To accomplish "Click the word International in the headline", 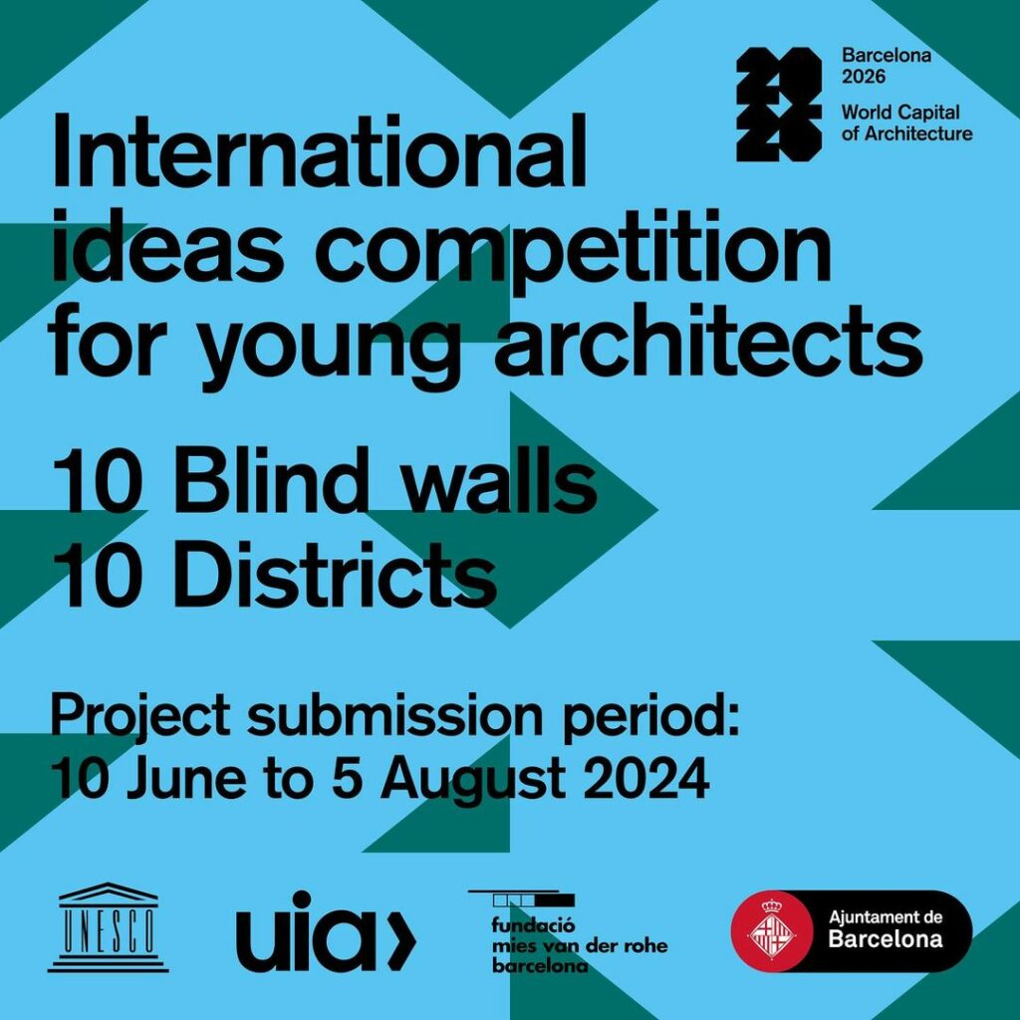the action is coord(318,150).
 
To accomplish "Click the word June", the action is coord(186,778).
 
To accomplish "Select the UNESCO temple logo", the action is coord(108,927).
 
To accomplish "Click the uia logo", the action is coord(326,932).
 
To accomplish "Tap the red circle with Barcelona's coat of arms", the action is coord(771,931).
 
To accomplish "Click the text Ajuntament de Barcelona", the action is coord(886,928).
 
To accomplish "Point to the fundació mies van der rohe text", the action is coord(580,945).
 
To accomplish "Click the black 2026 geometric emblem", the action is coord(779,104).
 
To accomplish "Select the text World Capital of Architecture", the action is coord(906,123).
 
